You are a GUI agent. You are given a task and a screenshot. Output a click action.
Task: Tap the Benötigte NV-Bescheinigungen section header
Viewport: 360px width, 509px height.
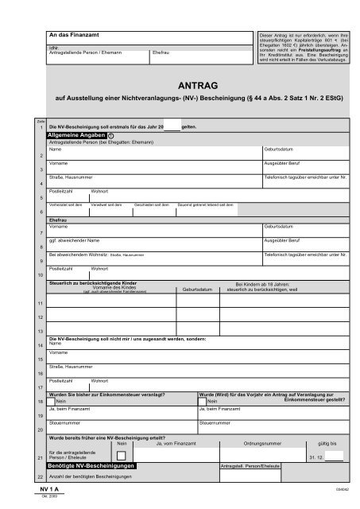(92, 464)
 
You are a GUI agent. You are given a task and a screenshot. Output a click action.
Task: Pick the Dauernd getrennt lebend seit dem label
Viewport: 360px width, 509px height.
(205, 204)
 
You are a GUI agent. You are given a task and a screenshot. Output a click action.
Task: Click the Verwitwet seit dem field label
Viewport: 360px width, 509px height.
(109, 204)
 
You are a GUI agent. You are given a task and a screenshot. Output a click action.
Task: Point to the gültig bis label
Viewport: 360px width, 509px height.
(327, 443)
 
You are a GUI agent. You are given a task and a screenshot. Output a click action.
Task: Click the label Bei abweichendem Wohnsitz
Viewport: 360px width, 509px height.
(76, 254)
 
